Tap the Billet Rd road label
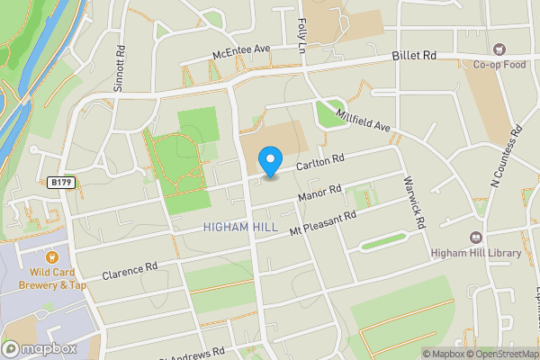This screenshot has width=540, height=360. pos(414,56)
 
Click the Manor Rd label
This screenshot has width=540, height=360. pos(320,193)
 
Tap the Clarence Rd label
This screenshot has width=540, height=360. pos(130,271)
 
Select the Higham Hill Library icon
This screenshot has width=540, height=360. pos(474,238)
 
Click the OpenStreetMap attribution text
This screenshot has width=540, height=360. pos(500,354)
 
